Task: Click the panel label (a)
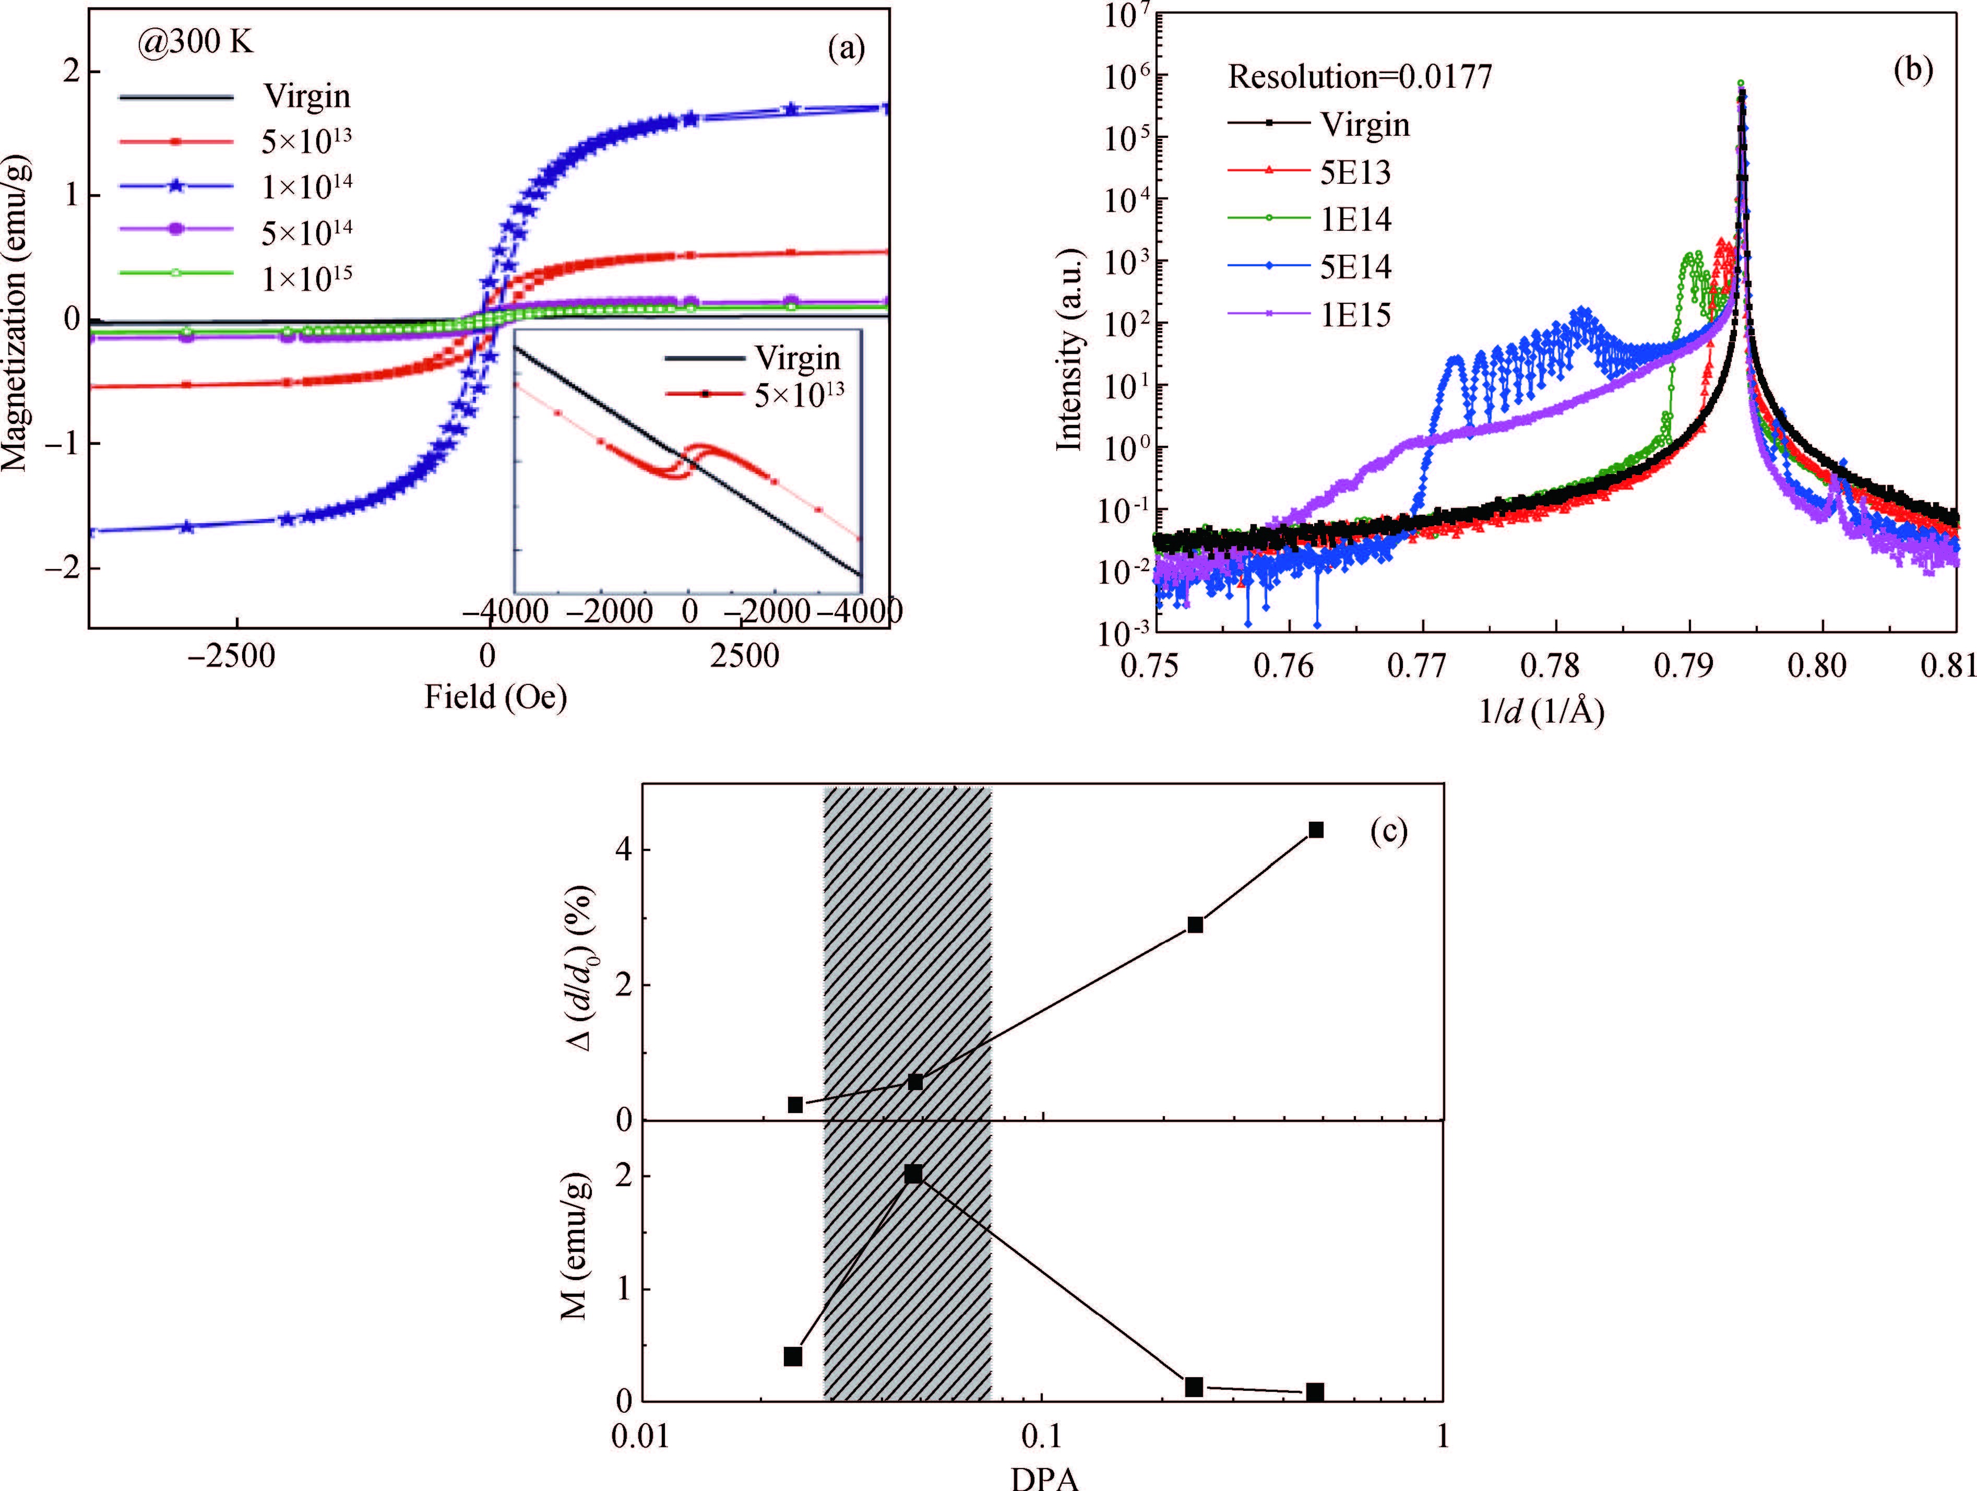[845, 48]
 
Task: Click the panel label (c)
[1388, 831]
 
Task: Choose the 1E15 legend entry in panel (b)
[1355, 315]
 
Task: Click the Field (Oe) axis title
[495, 697]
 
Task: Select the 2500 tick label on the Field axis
[744, 657]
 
